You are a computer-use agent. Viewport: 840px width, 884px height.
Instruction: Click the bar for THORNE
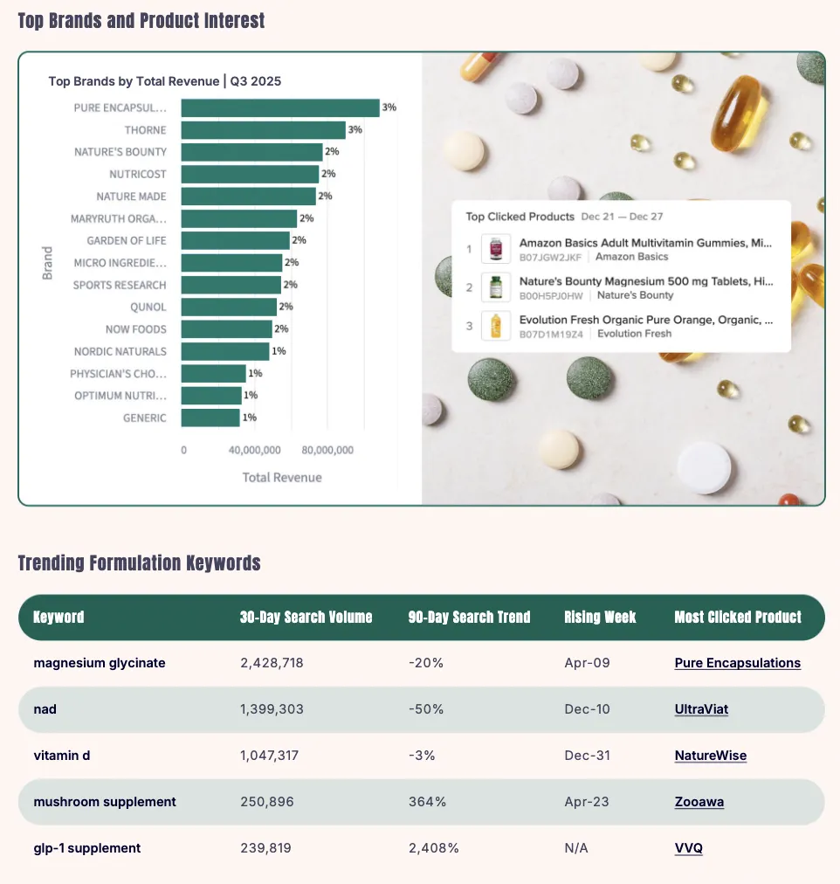click(x=263, y=130)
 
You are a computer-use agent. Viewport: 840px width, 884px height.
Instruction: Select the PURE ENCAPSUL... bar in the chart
click(x=279, y=108)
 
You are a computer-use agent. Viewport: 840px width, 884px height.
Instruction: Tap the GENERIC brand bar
click(x=210, y=418)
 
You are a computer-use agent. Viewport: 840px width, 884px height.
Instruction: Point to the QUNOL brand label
click(x=148, y=307)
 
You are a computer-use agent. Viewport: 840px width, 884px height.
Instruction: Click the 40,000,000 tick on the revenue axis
click(x=255, y=450)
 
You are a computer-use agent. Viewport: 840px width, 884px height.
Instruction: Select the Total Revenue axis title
click(x=281, y=477)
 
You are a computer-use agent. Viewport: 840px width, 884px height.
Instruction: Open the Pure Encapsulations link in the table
click(x=737, y=663)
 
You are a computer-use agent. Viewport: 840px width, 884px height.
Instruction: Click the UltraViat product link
click(x=701, y=709)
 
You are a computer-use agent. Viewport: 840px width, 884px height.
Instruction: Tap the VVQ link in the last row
click(x=688, y=848)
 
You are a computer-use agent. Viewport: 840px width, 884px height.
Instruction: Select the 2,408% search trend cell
click(x=433, y=848)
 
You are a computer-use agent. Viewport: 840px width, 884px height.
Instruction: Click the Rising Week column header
click(x=600, y=617)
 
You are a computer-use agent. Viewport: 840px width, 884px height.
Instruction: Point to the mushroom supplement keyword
click(x=105, y=802)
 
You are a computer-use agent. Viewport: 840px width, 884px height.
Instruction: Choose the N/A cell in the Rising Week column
click(x=576, y=848)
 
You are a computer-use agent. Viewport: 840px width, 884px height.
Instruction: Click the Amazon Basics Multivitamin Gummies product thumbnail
click(x=496, y=249)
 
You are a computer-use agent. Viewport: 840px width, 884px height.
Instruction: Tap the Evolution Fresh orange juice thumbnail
click(x=496, y=326)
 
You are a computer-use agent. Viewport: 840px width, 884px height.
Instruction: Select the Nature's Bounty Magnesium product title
click(x=646, y=281)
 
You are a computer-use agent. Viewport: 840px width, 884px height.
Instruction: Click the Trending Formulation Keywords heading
click(x=140, y=563)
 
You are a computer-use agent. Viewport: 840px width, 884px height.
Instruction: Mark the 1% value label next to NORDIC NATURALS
click(x=279, y=351)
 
